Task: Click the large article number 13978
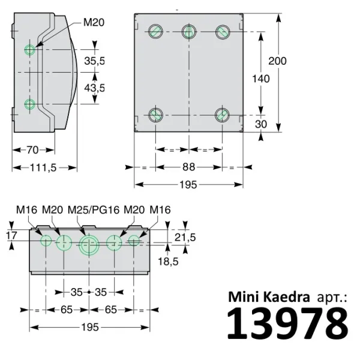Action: click(287, 324)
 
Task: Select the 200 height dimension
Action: click(277, 61)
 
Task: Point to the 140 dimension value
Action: click(260, 79)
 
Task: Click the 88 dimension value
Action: click(189, 167)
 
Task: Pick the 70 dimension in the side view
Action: click(32, 149)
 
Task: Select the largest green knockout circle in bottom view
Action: click(89, 244)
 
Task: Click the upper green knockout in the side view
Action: click(30, 49)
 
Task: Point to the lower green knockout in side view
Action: click(30, 104)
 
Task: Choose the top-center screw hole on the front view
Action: click(189, 31)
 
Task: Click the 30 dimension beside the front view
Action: click(260, 124)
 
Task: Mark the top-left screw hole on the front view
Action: click(155, 31)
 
